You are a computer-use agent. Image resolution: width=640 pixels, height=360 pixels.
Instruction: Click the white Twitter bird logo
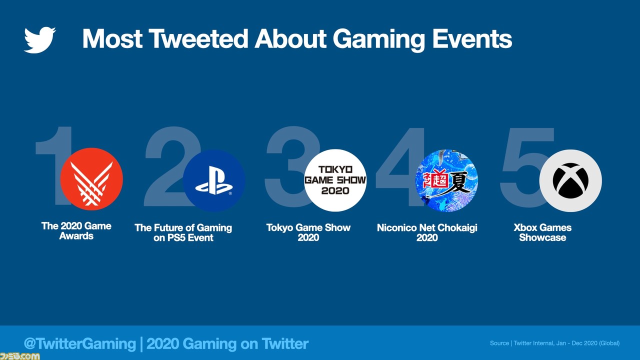pyautogui.click(x=39, y=40)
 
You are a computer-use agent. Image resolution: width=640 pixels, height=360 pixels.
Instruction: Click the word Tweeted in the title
pyautogui.click(x=198, y=38)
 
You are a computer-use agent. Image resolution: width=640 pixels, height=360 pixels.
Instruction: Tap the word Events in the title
pyautogui.click(x=472, y=38)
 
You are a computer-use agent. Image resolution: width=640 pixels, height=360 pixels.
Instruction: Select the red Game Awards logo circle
pyautogui.click(x=91, y=179)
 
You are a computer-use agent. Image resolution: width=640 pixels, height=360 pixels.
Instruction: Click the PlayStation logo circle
pyautogui.click(x=214, y=180)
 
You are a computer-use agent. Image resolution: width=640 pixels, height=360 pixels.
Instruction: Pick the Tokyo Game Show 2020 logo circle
pyautogui.click(x=335, y=180)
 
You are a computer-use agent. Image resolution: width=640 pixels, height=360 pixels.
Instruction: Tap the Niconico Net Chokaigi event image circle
pyautogui.click(x=446, y=180)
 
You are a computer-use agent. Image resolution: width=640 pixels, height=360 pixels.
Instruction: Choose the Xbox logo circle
pyautogui.click(x=570, y=180)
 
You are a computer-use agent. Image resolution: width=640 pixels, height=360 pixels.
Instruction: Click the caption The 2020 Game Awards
pyautogui.click(x=76, y=231)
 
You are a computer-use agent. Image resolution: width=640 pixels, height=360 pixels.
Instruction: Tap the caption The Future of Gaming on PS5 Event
pyautogui.click(x=183, y=232)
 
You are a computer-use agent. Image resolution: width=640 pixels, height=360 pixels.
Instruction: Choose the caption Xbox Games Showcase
pyautogui.click(x=542, y=232)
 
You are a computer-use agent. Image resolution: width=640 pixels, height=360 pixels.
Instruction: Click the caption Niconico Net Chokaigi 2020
pyautogui.click(x=427, y=232)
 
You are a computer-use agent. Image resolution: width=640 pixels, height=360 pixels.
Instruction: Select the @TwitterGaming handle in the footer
pyautogui.click(x=80, y=343)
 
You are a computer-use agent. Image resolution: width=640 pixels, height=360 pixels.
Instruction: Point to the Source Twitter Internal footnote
pyautogui.click(x=555, y=343)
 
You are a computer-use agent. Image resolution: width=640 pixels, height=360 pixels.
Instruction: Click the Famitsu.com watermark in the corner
pyautogui.click(x=19, y=356)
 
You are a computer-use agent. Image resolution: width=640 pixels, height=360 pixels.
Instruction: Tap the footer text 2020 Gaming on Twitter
pyautogui.click(x=227, y=343)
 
